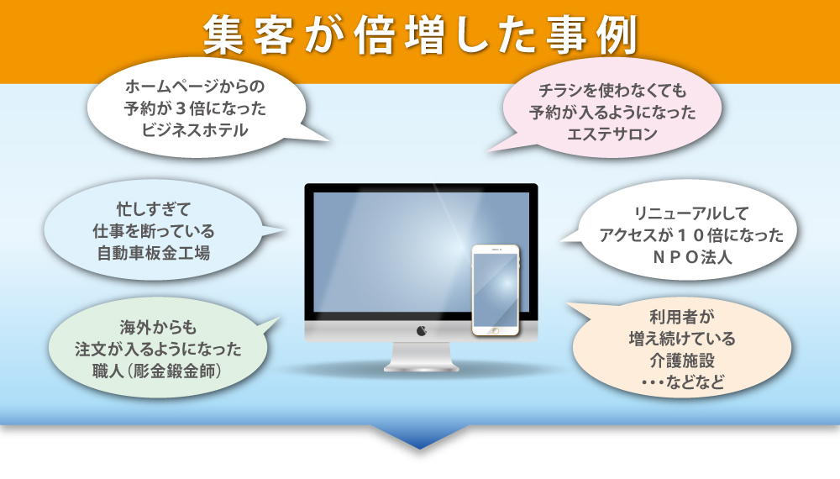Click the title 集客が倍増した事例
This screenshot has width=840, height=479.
[x=420, y=36]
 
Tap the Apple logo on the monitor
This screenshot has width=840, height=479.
[x=422, y=330]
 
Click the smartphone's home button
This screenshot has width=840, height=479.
[x=496, y=331]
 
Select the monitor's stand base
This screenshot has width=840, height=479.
[x=421, y=366]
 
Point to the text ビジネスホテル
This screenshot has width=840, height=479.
[x=195, y=130]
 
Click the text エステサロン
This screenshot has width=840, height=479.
[x=612, y=134]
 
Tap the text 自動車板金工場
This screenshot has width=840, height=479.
[x=154, y=253]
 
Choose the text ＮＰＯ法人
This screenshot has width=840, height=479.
[x=691, y=257]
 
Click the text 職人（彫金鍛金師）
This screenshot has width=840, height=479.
[x=156, y=371]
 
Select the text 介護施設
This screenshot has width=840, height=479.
[x=682, y=361]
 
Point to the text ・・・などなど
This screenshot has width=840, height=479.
[x=682, y=382]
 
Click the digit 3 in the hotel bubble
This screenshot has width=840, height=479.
[x=181, y=108]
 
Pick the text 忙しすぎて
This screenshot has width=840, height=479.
[x=154, y=209]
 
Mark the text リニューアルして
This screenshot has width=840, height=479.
[x=691, y=213]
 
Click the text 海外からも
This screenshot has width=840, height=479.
[x=158, y=328]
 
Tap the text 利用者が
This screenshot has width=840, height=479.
[x=682, y=317]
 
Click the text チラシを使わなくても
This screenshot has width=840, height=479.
[x=612, y=91]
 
